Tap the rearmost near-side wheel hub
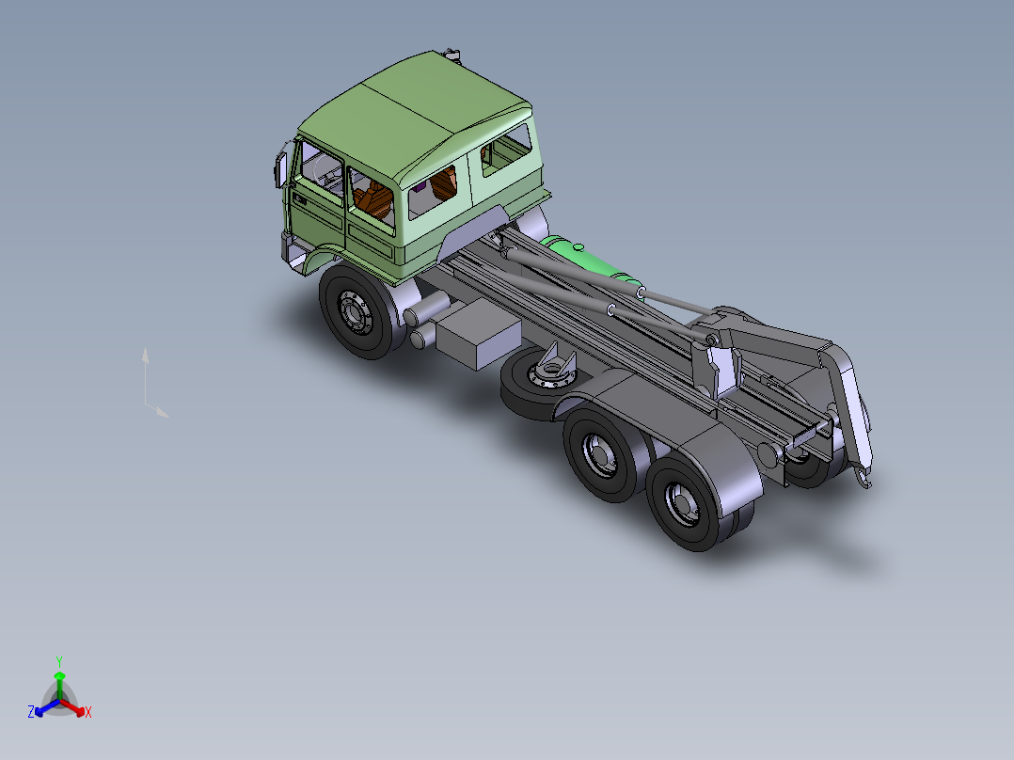coord(682,503)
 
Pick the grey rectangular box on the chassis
coord(478,334)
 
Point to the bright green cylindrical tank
coord(592,262)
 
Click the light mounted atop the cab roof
coord(452,55)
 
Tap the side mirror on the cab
coord(281,166)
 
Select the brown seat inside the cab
coord(372,198)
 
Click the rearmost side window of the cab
coord(506,150)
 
